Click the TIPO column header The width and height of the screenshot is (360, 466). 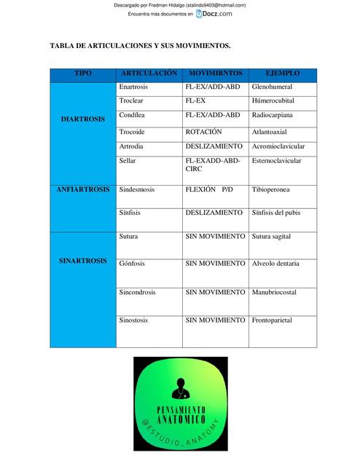click(x=83, y=74)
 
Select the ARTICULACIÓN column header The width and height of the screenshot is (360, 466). click(x=149, y=74)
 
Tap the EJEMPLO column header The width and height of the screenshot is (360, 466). click(x=282, y=74)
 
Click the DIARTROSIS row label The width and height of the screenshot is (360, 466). click(x=82, y=119)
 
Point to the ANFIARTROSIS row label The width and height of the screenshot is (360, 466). click(x=83, y=189)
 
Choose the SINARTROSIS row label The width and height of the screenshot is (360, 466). click(x=82, y=261)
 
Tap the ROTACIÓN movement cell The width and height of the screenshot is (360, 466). click(x=203, y=132)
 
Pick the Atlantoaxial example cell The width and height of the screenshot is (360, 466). click(x=271, y=132)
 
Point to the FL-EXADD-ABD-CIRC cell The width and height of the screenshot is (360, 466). click(x=212, y=165)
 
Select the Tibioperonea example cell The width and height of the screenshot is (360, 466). click(x=270, y=189)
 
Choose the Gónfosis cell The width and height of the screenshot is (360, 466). click(x=133, y=263)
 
